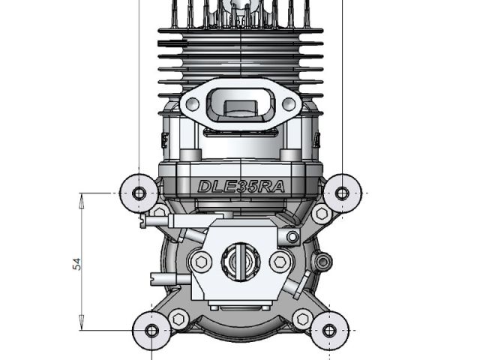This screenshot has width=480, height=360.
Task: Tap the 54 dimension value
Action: click(76, 262)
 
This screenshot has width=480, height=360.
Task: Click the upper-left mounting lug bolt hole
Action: click(139, 193)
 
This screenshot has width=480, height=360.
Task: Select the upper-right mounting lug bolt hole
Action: click(342, 193)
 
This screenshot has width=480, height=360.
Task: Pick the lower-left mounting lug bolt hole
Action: click(151, 330)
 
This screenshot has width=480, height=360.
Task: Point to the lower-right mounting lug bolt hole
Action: click(328, 330)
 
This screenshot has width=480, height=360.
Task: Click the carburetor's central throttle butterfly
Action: click(240, 262)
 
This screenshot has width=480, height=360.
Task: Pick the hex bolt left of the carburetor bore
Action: click(200, 262)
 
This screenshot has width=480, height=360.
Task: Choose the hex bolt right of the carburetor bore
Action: click(280, 262)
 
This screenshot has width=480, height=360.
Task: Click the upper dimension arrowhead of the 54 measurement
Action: click(81, 197)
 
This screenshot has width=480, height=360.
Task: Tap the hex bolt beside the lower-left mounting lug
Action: click(178, 318)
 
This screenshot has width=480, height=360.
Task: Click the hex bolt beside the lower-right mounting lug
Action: click(302, 318)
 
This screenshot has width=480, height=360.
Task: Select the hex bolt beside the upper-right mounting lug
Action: click(322, 214)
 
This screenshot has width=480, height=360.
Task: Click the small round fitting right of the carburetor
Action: click(323, 261)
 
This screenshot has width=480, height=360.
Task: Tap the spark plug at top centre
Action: click(240, 9)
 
